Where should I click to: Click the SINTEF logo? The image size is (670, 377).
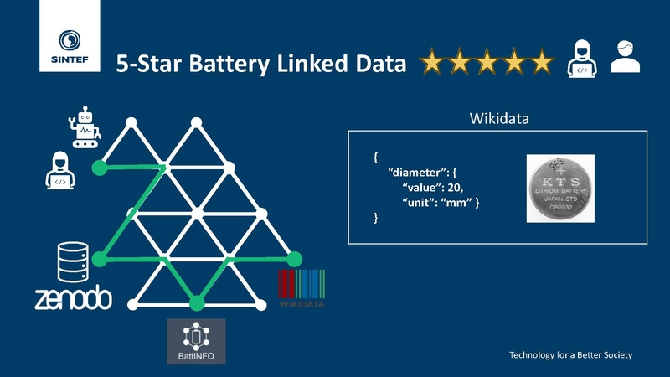tap(70, 36)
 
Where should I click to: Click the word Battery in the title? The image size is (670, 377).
tap(229, 65)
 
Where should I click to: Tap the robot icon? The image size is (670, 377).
tap(85, 127)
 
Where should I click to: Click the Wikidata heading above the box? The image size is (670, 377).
tap(499, 118)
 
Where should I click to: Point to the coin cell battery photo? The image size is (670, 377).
tap(560, 188)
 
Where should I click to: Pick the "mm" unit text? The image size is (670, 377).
tap(456, 202)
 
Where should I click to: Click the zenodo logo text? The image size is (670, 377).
tap(74, 297)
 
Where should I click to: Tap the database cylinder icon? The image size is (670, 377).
tap(73, 262)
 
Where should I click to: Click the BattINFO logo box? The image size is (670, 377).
tap(196, 342)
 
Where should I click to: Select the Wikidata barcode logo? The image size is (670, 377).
tap(301, 288)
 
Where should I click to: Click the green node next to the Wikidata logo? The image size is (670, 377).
tap(294, 259)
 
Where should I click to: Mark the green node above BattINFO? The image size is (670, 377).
tap(197, 303)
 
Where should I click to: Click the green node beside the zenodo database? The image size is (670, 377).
tap(100, 259)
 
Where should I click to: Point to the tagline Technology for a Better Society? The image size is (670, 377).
tap(570, 354)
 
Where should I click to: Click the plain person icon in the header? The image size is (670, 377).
tap(625, 57)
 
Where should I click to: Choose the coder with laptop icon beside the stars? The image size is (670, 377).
tap(582, 59)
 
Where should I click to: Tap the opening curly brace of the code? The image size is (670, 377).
tap(375, 158)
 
